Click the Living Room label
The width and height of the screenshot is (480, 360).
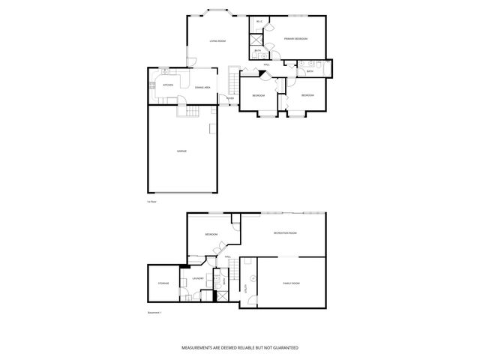click(217, 40)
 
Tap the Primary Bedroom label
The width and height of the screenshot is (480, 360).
click(295, 38)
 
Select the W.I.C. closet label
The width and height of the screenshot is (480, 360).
click(259, 21)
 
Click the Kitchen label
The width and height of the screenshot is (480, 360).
click(169, 85)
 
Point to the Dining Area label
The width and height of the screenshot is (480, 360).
click(202, 88)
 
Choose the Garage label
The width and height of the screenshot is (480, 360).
click(181, 151)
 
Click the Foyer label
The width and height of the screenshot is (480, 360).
click(230, 97)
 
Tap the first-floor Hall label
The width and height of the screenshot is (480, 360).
click(267, 65)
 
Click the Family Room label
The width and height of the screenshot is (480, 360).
click(291, 283)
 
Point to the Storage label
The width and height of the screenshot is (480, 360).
click(163, 283)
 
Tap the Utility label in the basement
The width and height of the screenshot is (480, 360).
click(246, 287)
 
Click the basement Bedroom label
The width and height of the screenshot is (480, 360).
click(211, 234)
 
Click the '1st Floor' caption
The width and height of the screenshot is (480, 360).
click(151, 201)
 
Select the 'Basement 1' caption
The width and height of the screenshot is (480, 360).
click(156, 313)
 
